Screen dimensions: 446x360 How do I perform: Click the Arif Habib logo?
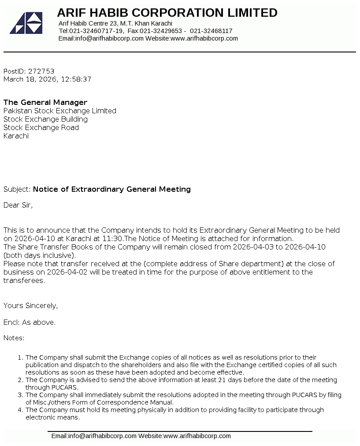[26, 23]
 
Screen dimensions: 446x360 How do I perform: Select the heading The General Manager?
[45, 102]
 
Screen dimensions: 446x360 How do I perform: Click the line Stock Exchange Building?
[45, 119]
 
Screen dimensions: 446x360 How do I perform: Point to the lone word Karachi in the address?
[16, 136]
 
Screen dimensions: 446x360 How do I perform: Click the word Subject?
[16, 189]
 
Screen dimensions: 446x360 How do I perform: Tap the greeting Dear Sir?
[18, 205]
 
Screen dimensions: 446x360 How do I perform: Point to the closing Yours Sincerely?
[30, 305]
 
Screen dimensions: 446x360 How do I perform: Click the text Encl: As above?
[30, 322]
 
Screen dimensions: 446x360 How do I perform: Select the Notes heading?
[14, 338]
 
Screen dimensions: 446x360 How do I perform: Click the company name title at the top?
[167, 12]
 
